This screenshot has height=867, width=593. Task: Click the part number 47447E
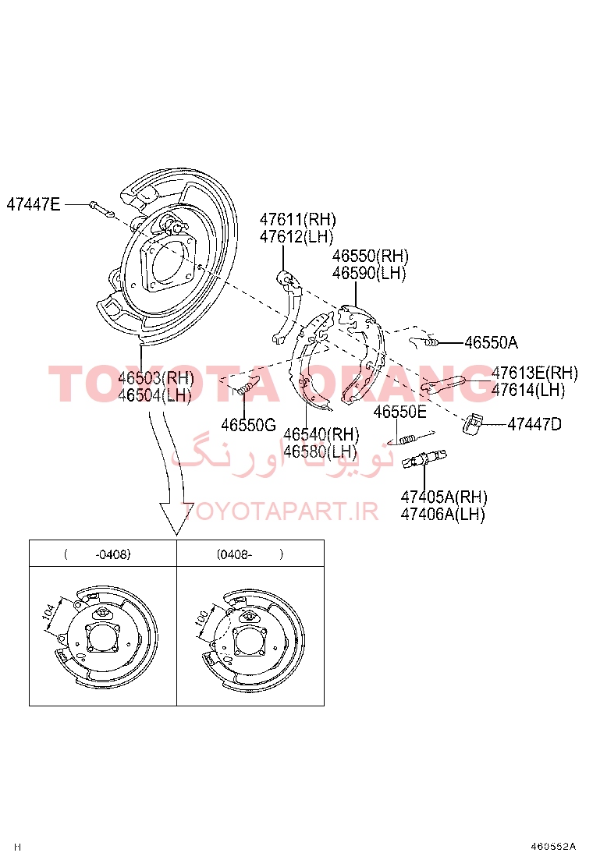pos(34,204)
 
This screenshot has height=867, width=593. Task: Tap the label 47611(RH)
pos(297,220)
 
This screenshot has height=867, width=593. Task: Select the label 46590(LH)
pos(369,273)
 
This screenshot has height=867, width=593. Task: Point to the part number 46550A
pos(492,343)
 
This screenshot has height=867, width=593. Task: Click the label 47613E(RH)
pos(534,373)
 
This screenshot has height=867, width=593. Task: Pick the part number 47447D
pos(534,424)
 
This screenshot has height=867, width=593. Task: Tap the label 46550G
pos(248,425)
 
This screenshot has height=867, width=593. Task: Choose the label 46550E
pos(399,412)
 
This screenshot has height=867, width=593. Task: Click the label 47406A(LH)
pos(442,514)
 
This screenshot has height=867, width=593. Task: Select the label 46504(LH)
pos(154,395)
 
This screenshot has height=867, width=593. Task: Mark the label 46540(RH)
pos(321,434)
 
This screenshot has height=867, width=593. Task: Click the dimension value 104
pos(48,612)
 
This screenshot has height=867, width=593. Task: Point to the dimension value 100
pos(201,618)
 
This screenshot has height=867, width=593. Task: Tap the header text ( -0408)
pos(98,554)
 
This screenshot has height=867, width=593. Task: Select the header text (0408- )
pos(250,554)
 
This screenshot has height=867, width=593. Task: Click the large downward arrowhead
pos(176,518)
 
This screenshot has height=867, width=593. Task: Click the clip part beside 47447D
pos(472,423)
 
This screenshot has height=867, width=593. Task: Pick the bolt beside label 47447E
pos(101,209)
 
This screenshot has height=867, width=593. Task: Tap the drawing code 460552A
pos(553,847)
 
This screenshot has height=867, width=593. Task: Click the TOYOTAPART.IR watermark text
pos(280,511)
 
